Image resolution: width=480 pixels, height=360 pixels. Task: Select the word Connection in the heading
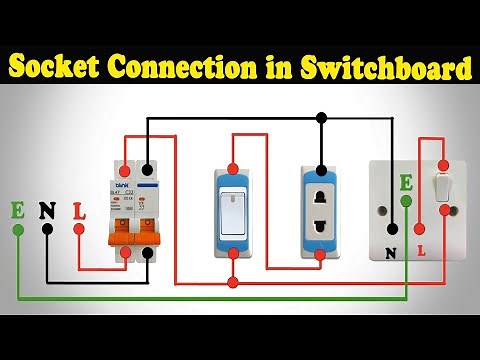point(191,69)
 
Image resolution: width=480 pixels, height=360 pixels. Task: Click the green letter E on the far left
point(18,210)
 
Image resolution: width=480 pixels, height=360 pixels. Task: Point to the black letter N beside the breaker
point(46,210)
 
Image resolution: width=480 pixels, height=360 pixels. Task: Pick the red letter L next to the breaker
point(79,210)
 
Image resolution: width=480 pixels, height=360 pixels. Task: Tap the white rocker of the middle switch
point(233,212)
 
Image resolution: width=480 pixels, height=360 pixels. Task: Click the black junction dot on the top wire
point(321,118)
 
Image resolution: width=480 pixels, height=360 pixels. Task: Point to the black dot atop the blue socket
point(321,169)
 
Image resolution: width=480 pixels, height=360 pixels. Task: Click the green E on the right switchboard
point(405,183)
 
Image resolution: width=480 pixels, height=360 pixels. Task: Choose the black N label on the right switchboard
point(391,253)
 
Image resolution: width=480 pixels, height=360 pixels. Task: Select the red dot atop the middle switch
point(233,167)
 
